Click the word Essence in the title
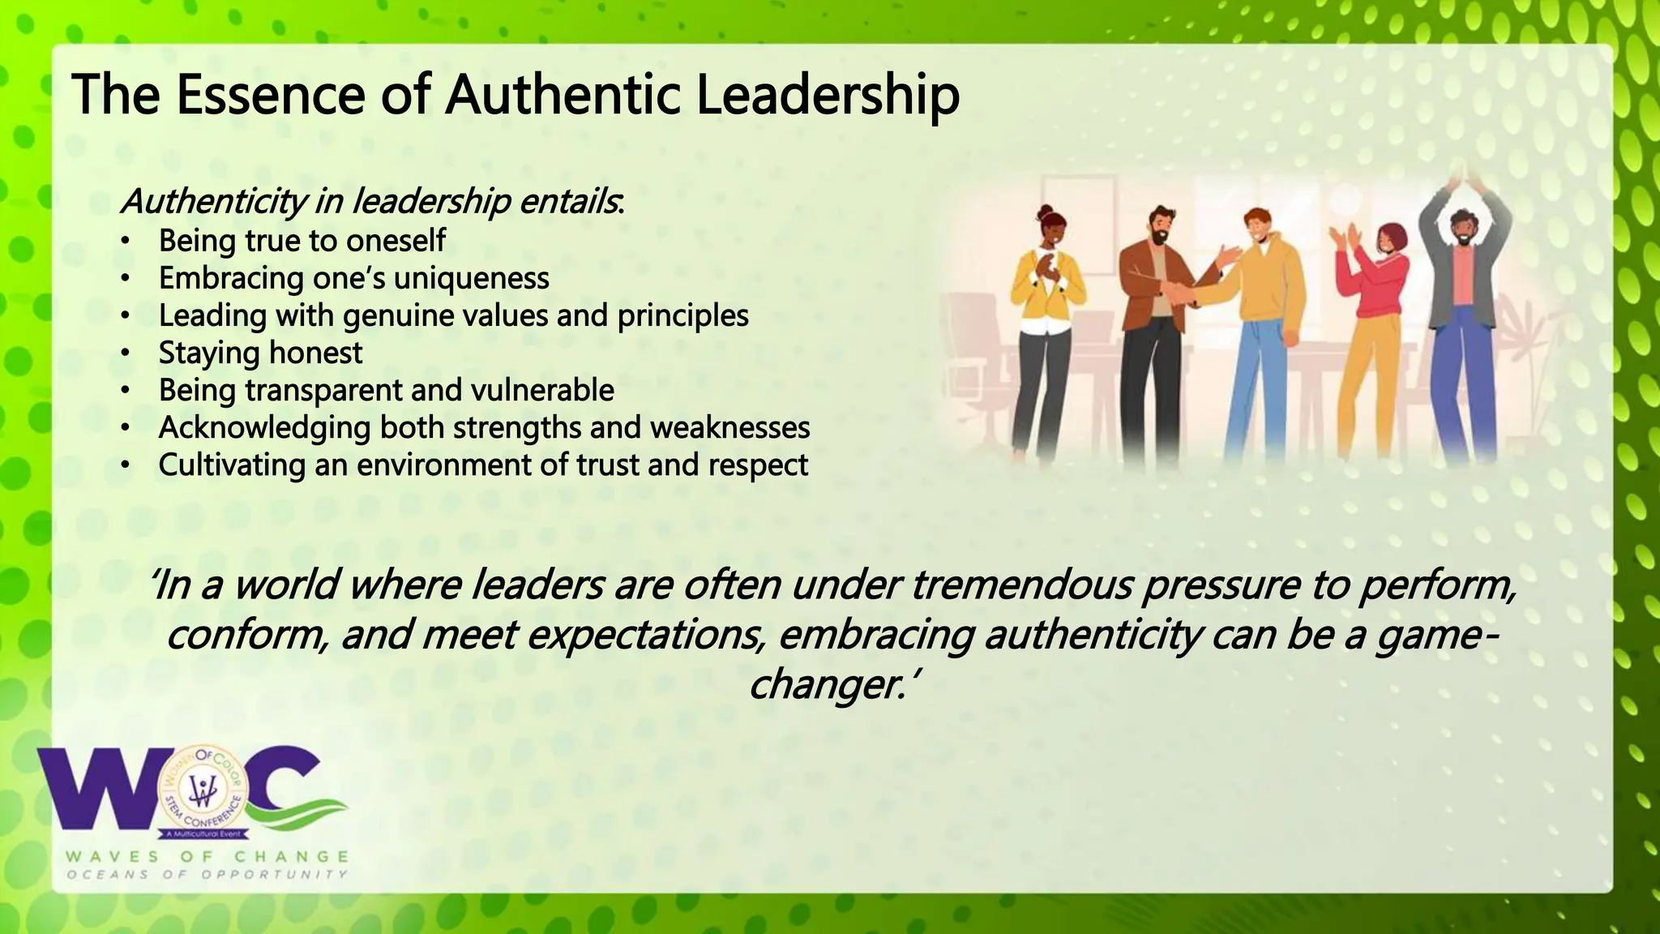pyautogui.click(x=270, y=94)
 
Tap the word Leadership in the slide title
pyautogui.click(x=828, y=94)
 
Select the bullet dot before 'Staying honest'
pyautogui.click(x=124, y=353)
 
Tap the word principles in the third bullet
pyautogui.click(x=682, y=315)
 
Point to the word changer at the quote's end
pyautogui.click(x=827, y=684)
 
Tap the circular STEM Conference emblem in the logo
pyautogui.click(x=202, y=790)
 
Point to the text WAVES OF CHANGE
pyautogui.click(x=207, y=857)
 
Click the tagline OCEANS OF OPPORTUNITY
pyautogui.click(x=207, y=875)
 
